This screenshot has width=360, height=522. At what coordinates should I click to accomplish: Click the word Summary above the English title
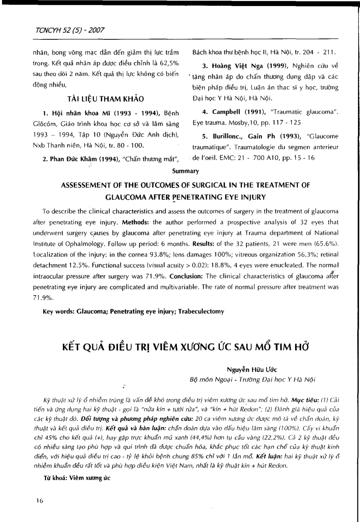[185, 171]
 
